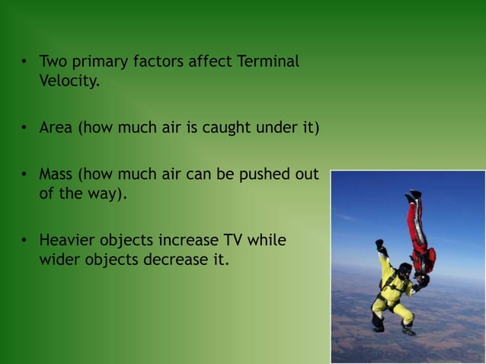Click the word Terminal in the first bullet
(269, 61)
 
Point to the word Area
(56, 127)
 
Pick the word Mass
(57, 174)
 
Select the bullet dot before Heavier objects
(24, 241)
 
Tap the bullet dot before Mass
(24, 175)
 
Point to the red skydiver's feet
(413, 196)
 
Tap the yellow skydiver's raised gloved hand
(380, 245)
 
